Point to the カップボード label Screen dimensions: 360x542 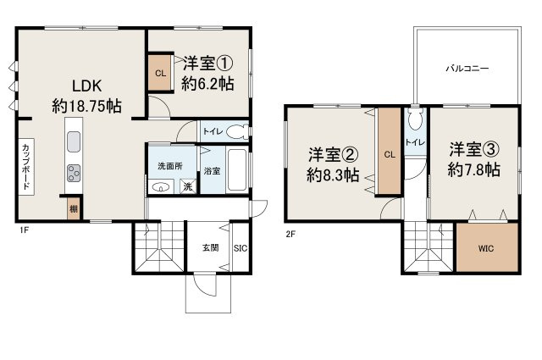click(27, 166)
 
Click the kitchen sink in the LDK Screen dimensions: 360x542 click(74, 141)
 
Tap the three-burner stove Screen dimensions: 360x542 click(74, 172)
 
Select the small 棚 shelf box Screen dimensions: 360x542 click(74, 208)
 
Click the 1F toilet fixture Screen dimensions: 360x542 click(236, 131)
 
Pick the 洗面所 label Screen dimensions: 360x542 click(164, 166)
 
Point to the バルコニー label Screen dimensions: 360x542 click(467, 69)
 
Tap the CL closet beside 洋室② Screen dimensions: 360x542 click(390, 154)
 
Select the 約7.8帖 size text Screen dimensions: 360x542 click(473, 169)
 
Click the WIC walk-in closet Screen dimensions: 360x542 click(485, 248)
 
